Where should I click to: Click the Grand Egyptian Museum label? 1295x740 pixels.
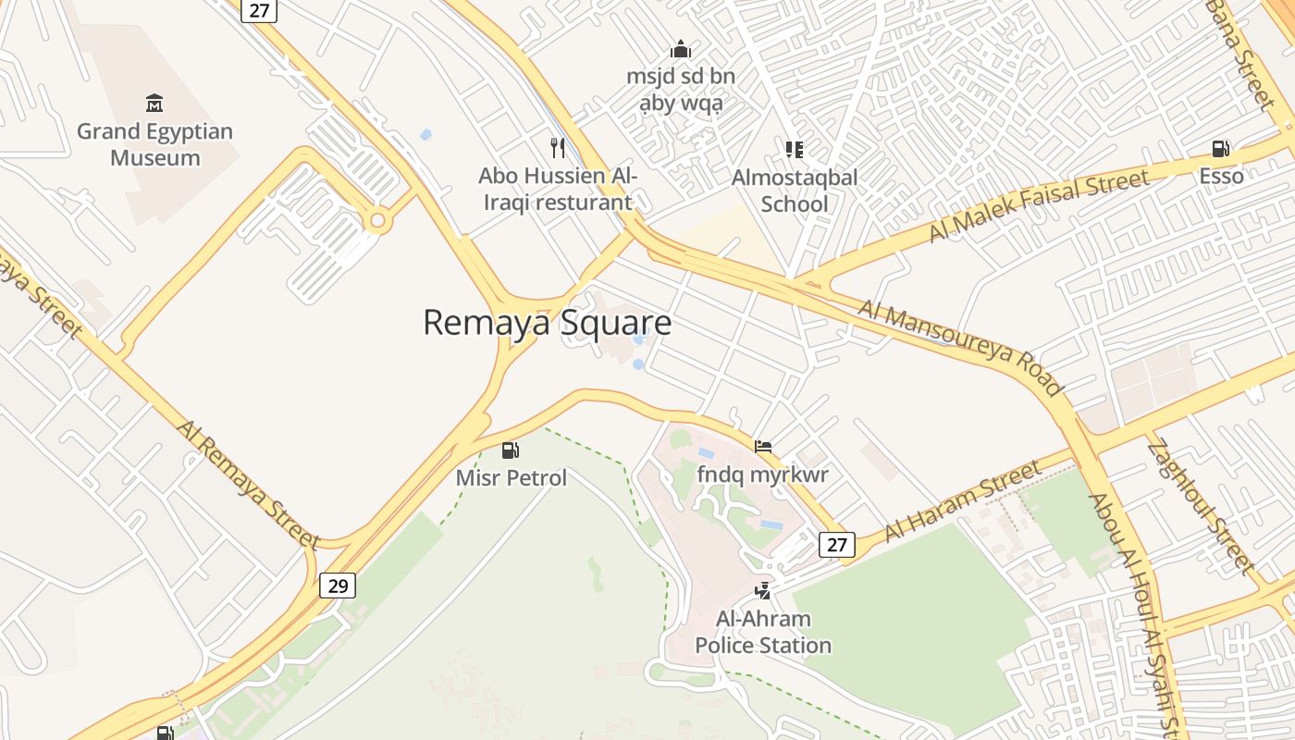(155, 144)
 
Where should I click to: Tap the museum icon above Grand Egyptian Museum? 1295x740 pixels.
(154, 103)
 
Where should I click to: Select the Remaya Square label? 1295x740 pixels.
(547, 323)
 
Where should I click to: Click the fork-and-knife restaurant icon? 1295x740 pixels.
(557, 147)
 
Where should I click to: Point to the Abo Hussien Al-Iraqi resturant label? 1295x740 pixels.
(557, 189)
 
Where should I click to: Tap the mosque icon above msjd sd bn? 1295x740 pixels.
(681, 49)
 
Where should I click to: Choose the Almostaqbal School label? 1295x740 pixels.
(795, 190)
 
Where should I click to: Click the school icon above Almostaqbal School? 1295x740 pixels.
(794, 149)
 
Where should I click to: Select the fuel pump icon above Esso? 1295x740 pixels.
(1221, 148)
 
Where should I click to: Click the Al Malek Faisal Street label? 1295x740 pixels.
(1039, 205)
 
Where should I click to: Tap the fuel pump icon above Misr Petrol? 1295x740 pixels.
(510, 450)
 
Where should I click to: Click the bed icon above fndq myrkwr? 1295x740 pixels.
(763, 447)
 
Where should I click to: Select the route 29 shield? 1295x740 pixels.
(338, 586)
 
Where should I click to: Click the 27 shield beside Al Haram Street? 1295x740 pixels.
(837, 545)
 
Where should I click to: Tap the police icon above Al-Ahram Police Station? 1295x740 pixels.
(763, 589)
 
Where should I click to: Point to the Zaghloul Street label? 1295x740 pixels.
(1200, 507)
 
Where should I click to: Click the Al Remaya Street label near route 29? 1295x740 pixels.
(249, 486)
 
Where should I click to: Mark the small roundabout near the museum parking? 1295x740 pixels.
(377, 220)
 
